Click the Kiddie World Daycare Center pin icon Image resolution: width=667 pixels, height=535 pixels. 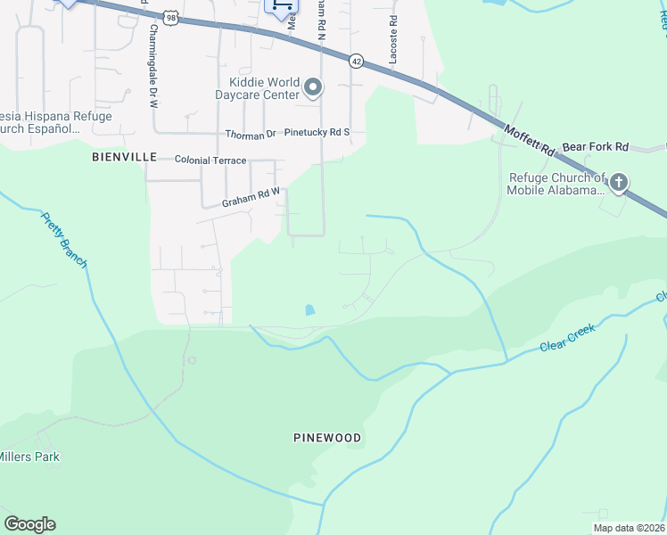pyautogui.click(x=313, y=87)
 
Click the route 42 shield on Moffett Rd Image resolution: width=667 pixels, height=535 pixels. pyautogui.click(x=356, y=61)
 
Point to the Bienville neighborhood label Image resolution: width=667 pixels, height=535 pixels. pyautogui.click(x=124, y=158)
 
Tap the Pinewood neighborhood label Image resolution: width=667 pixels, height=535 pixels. pyautogui.click(x=327, y=438)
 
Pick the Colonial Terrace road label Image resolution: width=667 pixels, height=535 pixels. pyautogui.click(x=210, y=159)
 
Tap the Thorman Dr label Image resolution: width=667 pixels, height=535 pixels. pyautogui.click(x=251, y=136)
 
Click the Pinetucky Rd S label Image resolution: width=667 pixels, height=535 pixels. pyautogui.click(x=317, y=132)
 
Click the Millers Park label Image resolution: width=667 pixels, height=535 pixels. pyautogui.click(x=29, y=457)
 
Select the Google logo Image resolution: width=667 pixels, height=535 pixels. pyautogui.click(x=29, y=524)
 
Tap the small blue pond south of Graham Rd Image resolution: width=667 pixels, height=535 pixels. pyautogui.click(x=309, y=310)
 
